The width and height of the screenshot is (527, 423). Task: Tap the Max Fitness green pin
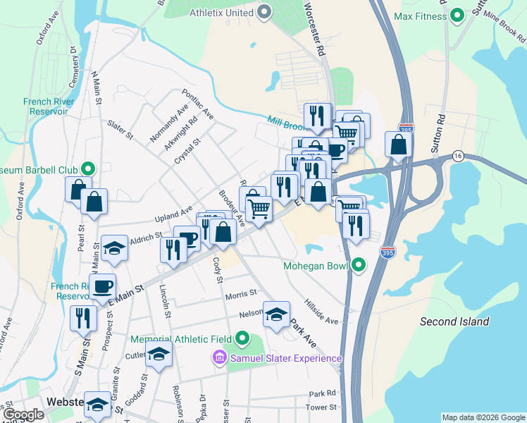pyautogui.click(x=457, y=15)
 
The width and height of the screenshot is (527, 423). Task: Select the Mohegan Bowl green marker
pyautogui.click(x=359, y=266)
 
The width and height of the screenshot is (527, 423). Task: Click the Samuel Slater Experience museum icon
pyautogui.click(x=220, y=359)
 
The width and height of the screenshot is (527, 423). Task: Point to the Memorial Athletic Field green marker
pyautogui.click(x=243, y=338)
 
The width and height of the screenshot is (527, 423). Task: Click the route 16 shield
pyautogui.click(x=458, y=155)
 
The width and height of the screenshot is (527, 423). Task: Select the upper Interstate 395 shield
pyautogui.click(x=412, y=130)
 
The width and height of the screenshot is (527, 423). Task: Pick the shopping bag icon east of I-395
pyautogui.click(x=398, y=145)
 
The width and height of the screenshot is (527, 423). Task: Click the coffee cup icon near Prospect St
pyautogui.click(x=103, y=286)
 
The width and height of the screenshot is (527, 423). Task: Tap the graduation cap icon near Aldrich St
pyautogui.click(x=114, y=247)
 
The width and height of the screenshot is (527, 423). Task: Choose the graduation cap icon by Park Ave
pyautogui.click(x=277, y=314)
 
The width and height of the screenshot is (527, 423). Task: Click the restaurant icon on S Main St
pyautogui.click(x=83, y=318)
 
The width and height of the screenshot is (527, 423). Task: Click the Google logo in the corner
pyautogui.click(x=23, y=415)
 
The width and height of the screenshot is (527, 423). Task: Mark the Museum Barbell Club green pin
pyautogui.click(x=88, y=168)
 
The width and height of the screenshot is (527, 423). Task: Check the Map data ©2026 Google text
pyautogui.click(x=483, y=417)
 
